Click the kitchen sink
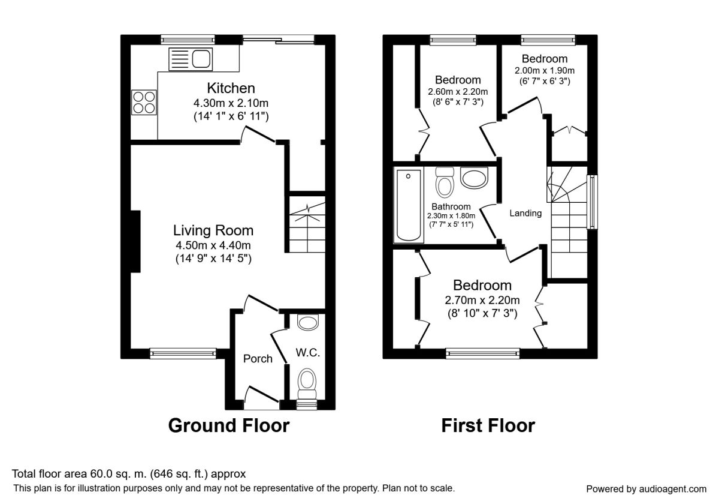pyautogui.click(x=191, y=59)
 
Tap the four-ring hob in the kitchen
pyautogui.click(x=144, y=103)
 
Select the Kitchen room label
pyautogui.click(x=231, y=88)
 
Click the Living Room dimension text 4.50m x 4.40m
pyautogui.click(x=213, y=245)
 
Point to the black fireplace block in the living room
pyautogui.click(x=135, y=241)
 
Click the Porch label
pyautogui.click(x=258, y=359)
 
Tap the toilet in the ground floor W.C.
pyautogui.click(x=307, y=384)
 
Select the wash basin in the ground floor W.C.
pyautogui.click(x=308, y=322)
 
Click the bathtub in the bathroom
pyautogui.click(x=409, y=205)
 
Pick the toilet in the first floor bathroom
pyautogui.click(x=445, y=182)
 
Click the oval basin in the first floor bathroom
pyautogui.click(x=474, y=178)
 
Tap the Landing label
pyautogui.click(x=525, y=213)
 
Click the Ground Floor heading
pyautogui.click(x=229, y=425)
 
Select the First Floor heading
pyautogui.click(x=488, y=425)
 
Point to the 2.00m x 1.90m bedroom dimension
pyautogui.click(x=545, y=71)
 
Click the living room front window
pyautogui.click(x=183, y=353)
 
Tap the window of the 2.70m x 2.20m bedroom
pyautogui.click(x=482, y=353)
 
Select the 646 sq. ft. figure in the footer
pyautogui.click(x=179, y=474)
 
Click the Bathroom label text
pyautogui.click(x=451, y=206)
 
